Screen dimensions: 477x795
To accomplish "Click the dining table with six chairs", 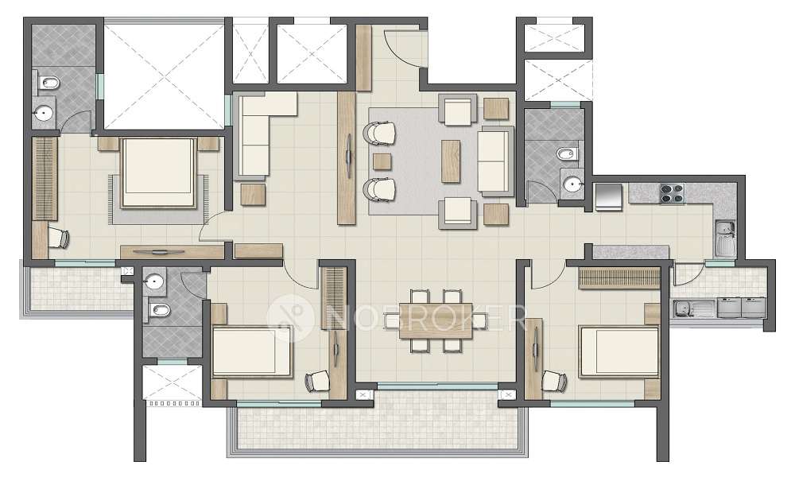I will [429, 320].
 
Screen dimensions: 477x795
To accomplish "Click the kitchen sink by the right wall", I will [724, 235].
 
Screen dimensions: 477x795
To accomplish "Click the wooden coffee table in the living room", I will [451, 159].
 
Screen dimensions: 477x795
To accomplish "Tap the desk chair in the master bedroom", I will [58, 236].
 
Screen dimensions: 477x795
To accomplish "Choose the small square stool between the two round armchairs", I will [382, 162].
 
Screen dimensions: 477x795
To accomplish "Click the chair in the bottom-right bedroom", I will [553, 382].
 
